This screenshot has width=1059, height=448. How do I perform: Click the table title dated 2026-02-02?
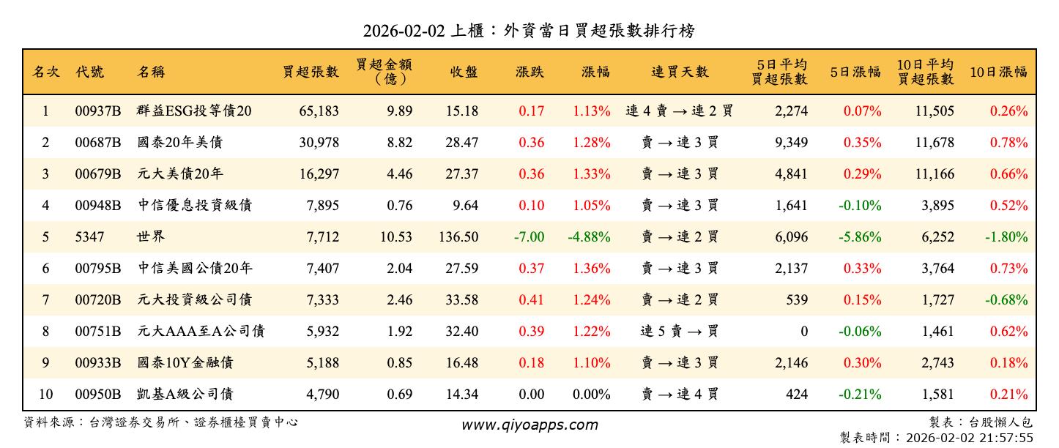529,31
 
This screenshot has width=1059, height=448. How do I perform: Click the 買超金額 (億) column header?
383,72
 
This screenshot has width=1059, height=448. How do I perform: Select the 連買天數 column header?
680,72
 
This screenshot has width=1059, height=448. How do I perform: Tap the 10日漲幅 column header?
998,72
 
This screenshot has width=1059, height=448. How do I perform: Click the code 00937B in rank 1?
97,111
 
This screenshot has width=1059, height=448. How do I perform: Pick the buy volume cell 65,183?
319,111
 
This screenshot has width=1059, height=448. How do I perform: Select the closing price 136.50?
461,237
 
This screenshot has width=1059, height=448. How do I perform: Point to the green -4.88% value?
589,237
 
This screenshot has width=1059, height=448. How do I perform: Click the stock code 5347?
89,237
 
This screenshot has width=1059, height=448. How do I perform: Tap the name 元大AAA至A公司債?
201,332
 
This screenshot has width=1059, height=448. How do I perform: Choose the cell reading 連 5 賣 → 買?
680,332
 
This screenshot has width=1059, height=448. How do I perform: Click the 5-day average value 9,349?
791,143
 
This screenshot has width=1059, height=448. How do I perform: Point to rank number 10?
45,395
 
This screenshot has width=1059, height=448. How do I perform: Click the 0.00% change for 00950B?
591,395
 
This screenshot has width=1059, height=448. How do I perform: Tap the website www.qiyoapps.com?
529,425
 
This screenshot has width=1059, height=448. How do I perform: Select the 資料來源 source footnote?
161,422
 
